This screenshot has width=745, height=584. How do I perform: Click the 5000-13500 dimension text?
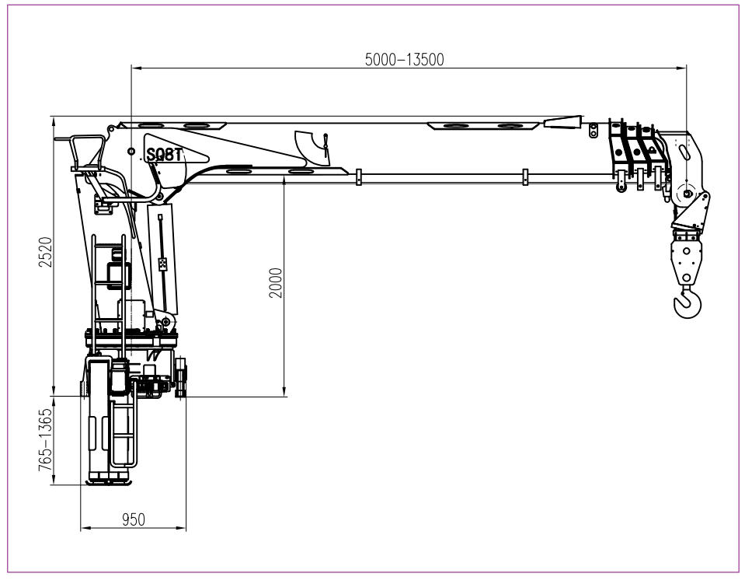(x=405, y=60)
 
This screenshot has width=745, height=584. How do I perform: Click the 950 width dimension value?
(x=134, y=520)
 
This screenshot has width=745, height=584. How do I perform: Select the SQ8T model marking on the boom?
(x=164, y=155)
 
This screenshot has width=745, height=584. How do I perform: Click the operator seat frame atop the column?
(x=87, y=154)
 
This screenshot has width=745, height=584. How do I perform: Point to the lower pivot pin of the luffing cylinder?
(x=163, y=321)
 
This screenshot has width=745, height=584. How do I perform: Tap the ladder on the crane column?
(x=109, y=280)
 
